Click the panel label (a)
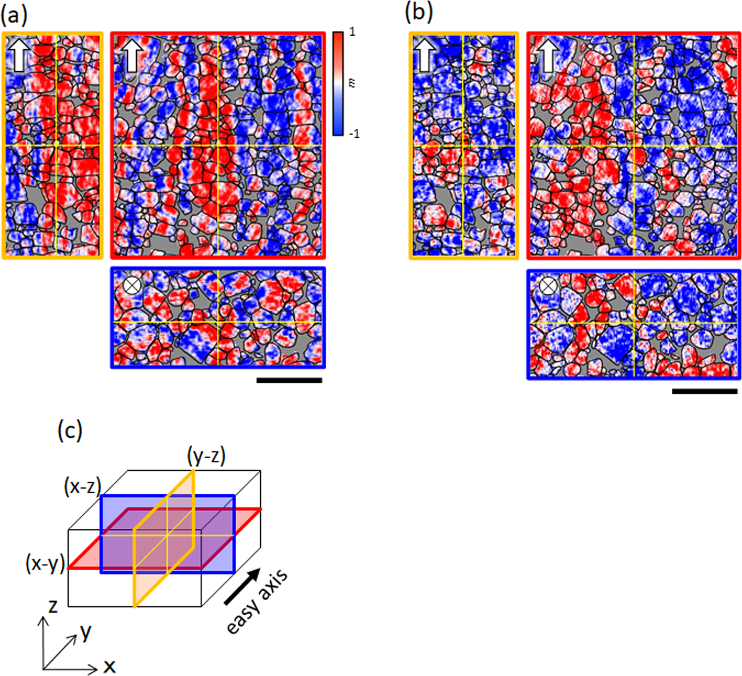coord(14,15)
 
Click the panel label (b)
coord(419,12)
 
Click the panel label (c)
coord(70,430)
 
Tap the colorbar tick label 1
coord(352,32)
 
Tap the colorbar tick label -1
coord(354,134)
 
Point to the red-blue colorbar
coord(338,83)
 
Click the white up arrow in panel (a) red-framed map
coord(131,54)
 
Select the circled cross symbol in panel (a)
coord(131,285)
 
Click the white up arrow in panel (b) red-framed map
coord(548,55)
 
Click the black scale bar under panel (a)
coord(289,380)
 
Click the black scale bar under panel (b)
coord(704,391)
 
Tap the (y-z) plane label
coord(207,456)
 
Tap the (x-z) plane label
coord(82,487)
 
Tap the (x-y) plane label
coord(45,564)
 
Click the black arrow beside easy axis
coord(242,586)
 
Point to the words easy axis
coord(257,602)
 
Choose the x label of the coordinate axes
coord(109,666)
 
